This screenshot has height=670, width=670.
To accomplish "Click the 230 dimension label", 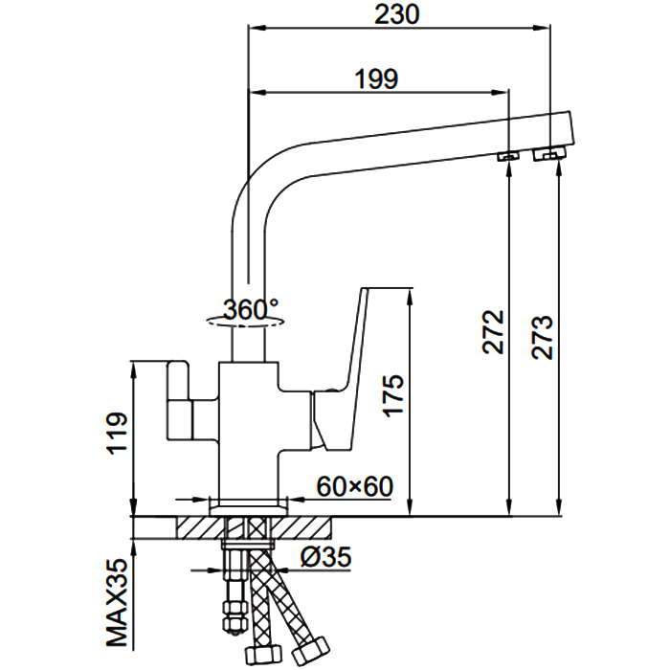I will [398, 14].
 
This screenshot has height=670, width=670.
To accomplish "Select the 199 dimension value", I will [377, 78].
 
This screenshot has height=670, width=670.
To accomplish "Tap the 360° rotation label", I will [250, 309].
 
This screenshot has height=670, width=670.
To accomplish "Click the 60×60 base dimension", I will [355, 485].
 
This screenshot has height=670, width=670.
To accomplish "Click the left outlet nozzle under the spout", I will [508, 154].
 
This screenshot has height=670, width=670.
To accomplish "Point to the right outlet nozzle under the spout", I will [548, 153].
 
